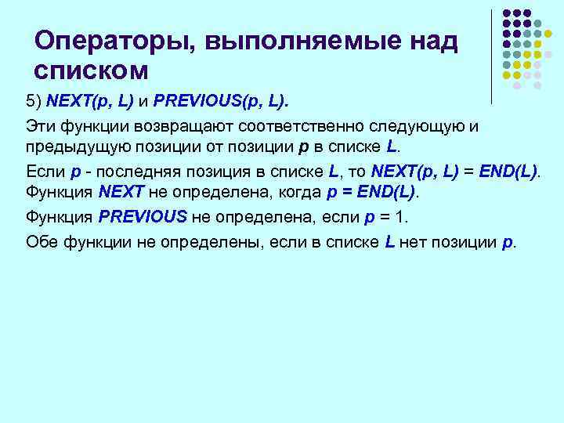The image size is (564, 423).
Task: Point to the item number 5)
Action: pyautogui.click(x=34, y=101)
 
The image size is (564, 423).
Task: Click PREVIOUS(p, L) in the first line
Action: pyautogui.click(x=221, y=101)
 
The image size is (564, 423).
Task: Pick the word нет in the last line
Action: pyautogui.click(x=413, y=241)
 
